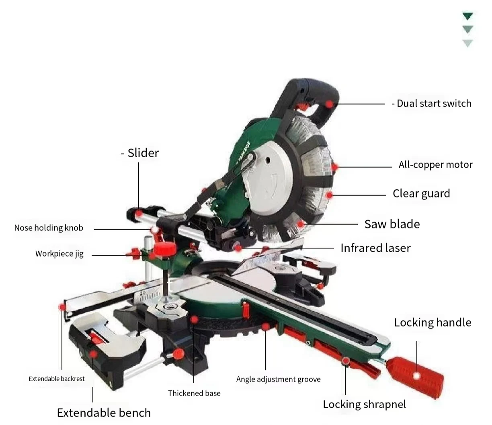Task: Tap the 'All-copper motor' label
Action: pos(435,165)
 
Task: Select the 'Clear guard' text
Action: pos(421,194)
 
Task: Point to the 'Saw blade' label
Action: pos(392,224)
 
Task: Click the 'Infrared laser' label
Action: pos(375,248)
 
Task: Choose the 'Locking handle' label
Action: pos(432,322)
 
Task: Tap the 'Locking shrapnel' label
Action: pos(364,404)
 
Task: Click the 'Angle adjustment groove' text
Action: pos(278,379)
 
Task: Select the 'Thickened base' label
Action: pos(194,393)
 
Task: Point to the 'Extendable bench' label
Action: pos(104,413)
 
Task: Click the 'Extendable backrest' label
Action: pos(57,379)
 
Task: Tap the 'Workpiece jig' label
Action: pos(59,254)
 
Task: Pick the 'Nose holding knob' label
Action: pos(49,228)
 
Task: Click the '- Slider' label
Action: pos(140,153)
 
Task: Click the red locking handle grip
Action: pos(417,376)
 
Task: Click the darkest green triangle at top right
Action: pos(467,16)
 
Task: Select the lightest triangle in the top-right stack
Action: pos(467,43)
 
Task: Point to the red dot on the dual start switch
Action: pos(330,104)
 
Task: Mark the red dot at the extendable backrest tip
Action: pos(62,307)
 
